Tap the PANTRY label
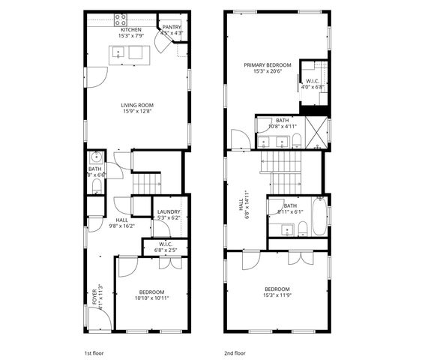(172, 26)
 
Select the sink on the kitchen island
(118, 52)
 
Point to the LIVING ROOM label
(136, 105)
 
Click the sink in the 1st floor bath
(95, 158)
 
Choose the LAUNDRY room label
(169, 212)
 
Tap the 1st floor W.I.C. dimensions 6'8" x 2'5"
(165, 250)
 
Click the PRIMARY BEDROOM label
(267, 65)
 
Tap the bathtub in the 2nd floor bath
(320, 218)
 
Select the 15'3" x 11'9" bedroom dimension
(277, 295)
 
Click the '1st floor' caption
(94, 351)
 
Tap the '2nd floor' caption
(234, 351)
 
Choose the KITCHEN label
(131, 29)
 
